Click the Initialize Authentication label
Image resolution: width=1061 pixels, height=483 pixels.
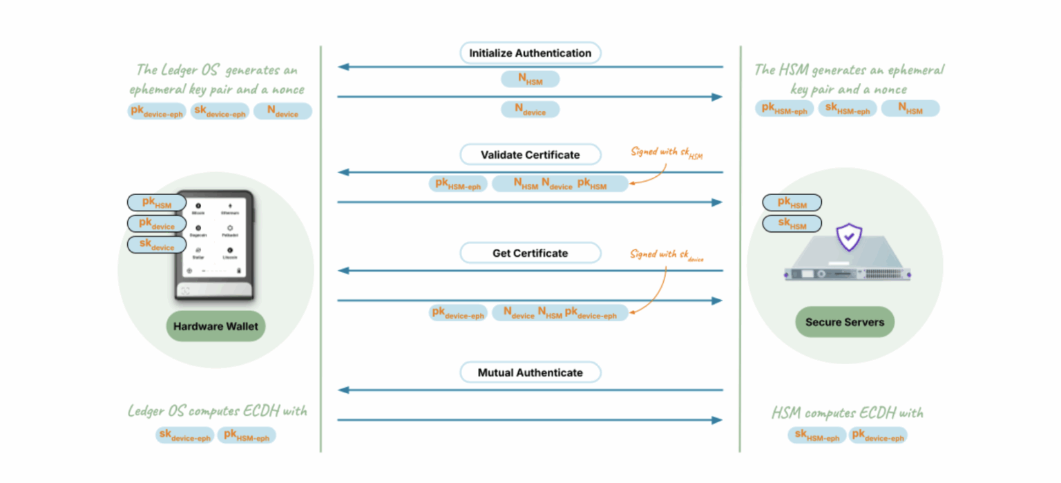click(x=530, y=53)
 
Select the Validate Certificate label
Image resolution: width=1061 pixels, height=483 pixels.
click(x=530, y=155)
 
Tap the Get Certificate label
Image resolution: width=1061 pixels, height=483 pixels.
click(x=530, y=254)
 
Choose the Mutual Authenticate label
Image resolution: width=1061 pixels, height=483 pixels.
click(x=530, y=373)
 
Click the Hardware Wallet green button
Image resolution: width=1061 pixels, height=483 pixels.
click(x=216, y=327)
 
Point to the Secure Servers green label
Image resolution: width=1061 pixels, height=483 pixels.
click(x=844, y=322)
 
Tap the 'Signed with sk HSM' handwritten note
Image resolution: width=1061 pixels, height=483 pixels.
click(x=667, y=153)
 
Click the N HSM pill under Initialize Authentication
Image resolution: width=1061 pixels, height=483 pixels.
click(x=530, y=80)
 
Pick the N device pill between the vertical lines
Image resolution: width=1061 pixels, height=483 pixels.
click(x=530, y=110)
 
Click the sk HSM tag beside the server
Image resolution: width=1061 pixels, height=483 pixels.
click(x=792, y=224)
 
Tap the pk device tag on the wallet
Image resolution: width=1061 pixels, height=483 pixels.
click(x=157, y=224)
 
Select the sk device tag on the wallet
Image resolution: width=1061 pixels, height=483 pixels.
click(x=157, y=245)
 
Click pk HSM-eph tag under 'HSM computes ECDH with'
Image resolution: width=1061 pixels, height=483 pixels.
click(x=877, y=435)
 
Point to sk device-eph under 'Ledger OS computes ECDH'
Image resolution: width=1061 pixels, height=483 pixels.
click(x=184, y=435)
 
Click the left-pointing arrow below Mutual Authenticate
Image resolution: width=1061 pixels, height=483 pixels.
click(x=530, y=390)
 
